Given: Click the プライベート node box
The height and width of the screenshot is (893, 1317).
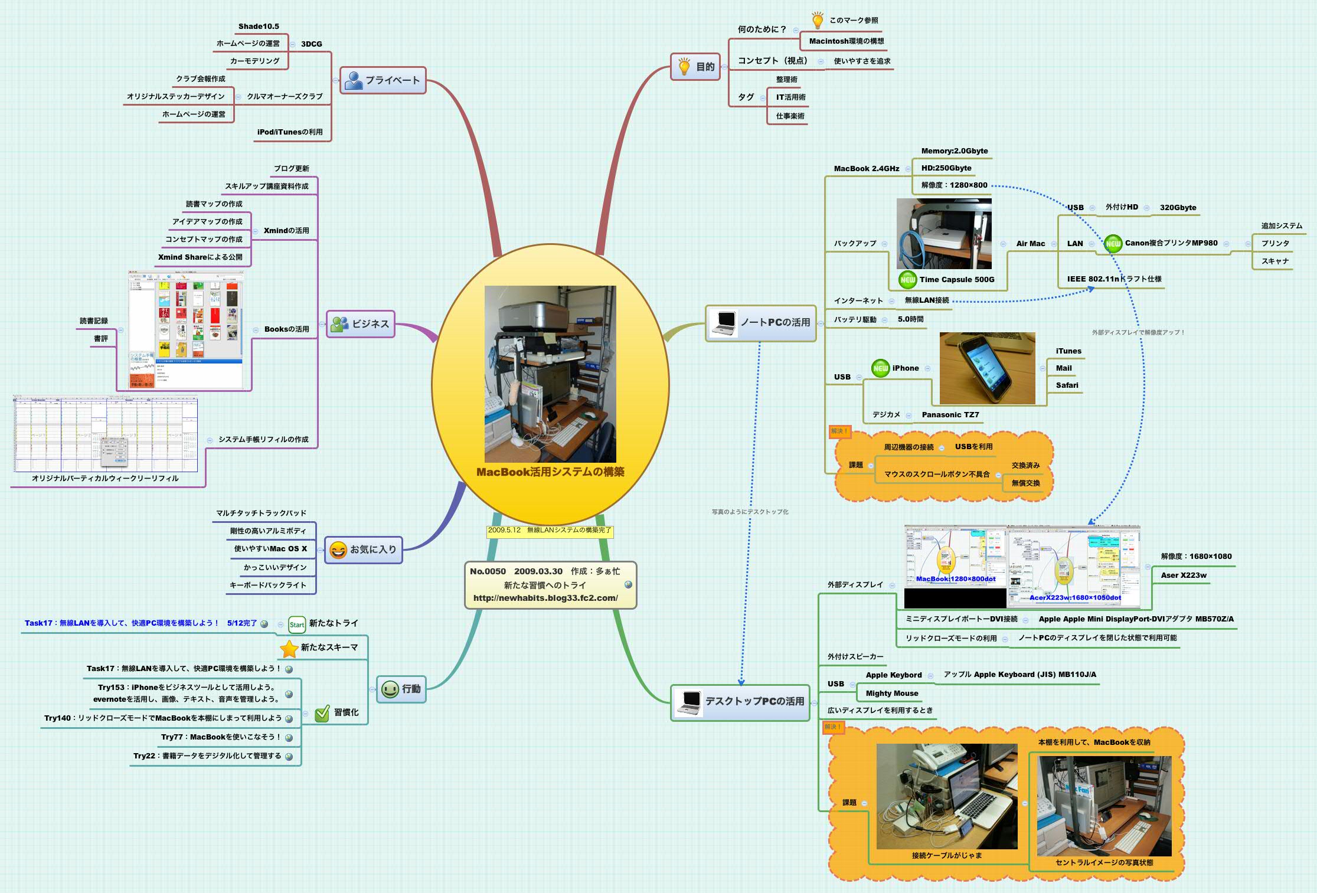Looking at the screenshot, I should click(383, 80).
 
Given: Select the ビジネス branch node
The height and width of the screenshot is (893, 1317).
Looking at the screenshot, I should click(360, 324).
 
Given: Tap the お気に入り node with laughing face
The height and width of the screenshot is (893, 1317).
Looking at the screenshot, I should click(364, 549).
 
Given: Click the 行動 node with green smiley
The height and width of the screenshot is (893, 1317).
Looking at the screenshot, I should click(401, 689).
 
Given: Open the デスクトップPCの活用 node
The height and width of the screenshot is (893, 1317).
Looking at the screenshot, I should click(740, 701).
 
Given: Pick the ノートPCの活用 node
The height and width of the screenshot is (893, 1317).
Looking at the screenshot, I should click(761, 322).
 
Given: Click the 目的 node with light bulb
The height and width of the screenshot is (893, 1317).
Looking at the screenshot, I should click(695, 67).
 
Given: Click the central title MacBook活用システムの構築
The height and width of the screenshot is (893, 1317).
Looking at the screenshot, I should click(550, 472).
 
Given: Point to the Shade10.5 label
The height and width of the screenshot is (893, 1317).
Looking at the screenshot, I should click(259, 27).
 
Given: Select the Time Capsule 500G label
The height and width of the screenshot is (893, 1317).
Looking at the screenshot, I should click(956, 280).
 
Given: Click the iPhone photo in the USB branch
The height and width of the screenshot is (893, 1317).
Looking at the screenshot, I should click(987, 368).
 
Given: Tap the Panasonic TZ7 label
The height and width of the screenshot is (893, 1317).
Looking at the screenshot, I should click(950, 415).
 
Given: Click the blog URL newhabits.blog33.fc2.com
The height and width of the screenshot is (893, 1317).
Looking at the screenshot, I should click(545, 598).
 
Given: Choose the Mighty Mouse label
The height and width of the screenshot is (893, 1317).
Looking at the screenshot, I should click(891, 694).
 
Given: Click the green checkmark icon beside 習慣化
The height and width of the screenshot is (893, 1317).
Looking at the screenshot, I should click(322, 714).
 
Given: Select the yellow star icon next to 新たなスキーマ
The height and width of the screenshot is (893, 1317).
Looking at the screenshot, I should click(289, 648).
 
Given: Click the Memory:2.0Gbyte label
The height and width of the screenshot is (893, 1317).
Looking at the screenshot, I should click(954, 151).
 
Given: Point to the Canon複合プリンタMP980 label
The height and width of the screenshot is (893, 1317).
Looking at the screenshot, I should click(1171, 243).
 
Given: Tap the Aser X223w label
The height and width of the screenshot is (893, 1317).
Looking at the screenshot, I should click(1183, 575).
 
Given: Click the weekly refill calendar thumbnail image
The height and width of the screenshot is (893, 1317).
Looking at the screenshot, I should click(105, 434).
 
